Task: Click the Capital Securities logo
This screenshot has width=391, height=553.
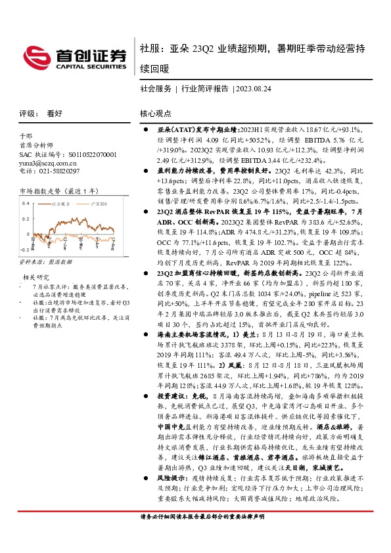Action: [78, 56]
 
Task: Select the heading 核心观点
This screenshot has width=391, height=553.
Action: [156, 113]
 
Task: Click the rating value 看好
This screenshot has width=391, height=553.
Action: [55, 113]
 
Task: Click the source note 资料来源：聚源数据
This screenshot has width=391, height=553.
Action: [45, 261]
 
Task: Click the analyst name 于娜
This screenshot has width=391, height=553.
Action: [26, 135]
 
